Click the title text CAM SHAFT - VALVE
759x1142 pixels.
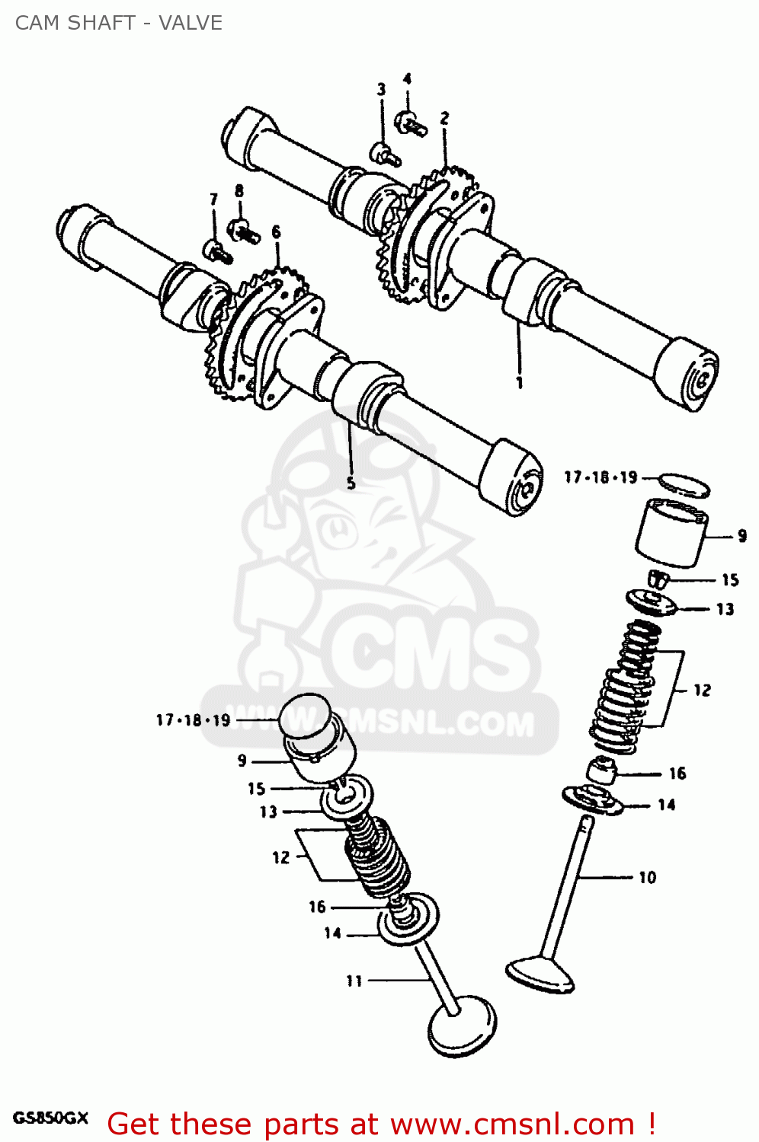(x=119, y=23)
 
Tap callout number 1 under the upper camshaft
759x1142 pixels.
(x=520, y=383)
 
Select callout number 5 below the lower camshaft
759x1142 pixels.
(x=351, y=483)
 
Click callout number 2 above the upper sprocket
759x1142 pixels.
(x=444, y=118)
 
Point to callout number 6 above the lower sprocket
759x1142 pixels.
(x=276, y=231)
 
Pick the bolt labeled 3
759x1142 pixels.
(x=385, y=154)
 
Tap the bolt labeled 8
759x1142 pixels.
(x=244, y=230)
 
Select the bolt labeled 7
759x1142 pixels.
(x=216, y=251)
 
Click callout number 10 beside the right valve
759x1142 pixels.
(x=647, y=878)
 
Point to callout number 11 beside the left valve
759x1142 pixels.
(x=354, y=981)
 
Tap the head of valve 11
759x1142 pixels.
(x=461, y=1028)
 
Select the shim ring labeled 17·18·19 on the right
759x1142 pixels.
(x=684, y=484)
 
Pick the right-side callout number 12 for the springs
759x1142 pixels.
(x=702, y=690)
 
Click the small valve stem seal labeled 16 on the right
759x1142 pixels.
(x=601, y=771)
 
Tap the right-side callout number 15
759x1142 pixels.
(x=730, y=580)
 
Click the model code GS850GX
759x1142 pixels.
(x=51, y=1118)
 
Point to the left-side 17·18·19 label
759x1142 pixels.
(x=193, y=720)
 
